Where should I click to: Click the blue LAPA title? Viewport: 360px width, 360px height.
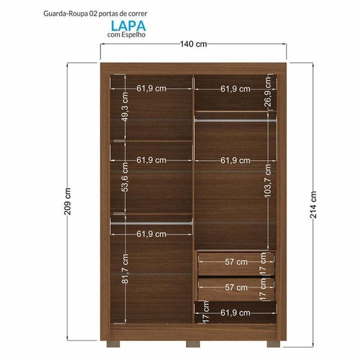pos(128,26)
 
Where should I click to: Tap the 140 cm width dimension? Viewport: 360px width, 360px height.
pos(193,44)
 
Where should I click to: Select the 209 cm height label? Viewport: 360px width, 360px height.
pos(67,201)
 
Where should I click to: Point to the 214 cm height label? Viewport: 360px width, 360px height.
pos(313,205)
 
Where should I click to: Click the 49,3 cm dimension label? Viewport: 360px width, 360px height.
pos(125,107)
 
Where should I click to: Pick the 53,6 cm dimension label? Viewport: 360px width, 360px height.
pos(125,177)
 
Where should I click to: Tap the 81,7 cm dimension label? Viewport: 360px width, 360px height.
pos(126,268)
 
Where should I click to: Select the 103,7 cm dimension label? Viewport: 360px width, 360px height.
pos(267,180)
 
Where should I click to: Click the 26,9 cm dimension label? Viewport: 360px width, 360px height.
pos(268,92)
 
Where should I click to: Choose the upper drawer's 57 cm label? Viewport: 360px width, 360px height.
pos(236,262)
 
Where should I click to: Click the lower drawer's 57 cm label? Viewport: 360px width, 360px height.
pos(236,287)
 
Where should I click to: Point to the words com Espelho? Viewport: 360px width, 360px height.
pos(126,35)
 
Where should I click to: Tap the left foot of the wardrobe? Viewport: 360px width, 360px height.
pos(113,344)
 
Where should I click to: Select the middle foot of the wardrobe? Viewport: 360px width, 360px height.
pos(193,344)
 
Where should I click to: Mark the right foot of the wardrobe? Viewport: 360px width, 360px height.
pos(274,344)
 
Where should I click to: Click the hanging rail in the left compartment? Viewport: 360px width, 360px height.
pos(151,223)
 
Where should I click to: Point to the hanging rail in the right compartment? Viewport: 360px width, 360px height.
pos(235,120)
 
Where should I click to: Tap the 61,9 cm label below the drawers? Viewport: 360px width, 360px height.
pos(235,313)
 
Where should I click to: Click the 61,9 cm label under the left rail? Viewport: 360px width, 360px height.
pos(151,234)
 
